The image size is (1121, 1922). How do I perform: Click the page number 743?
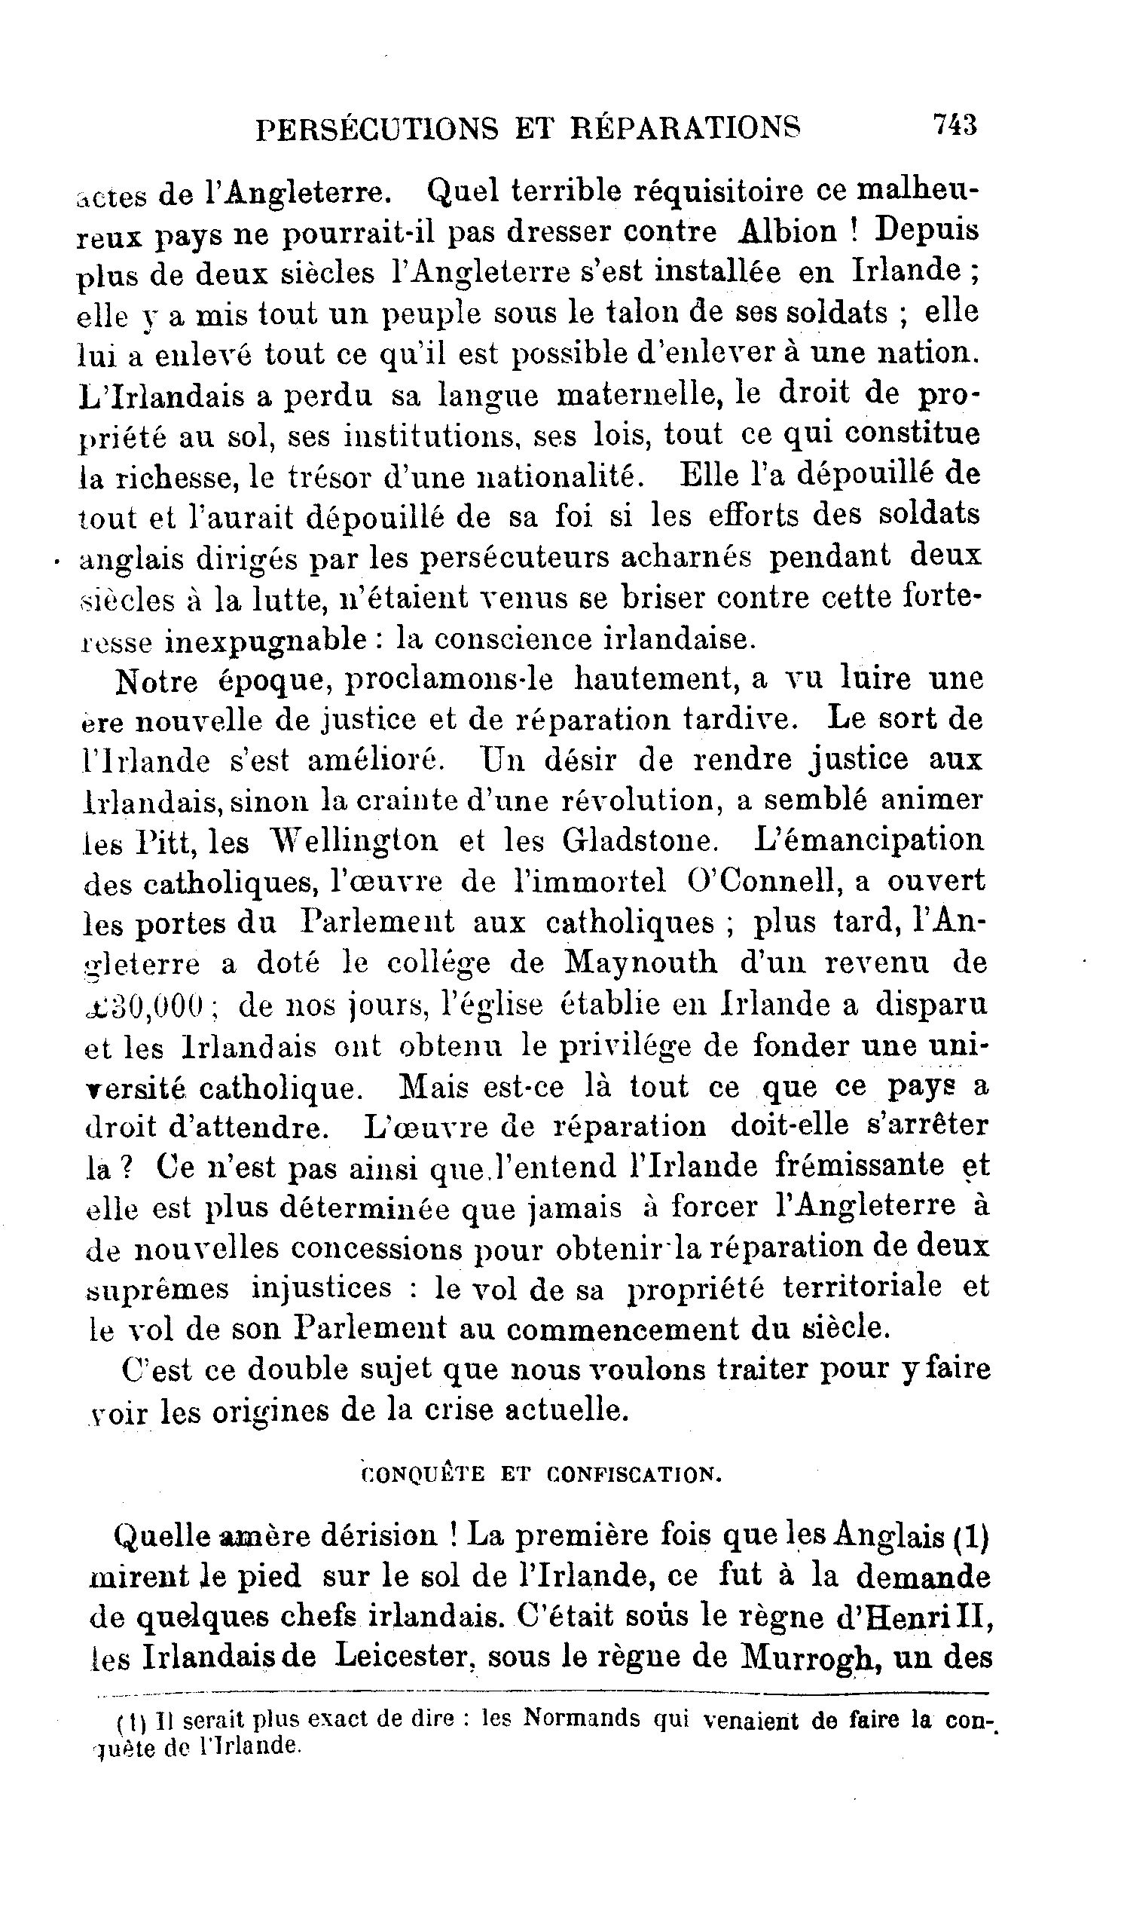coord(954,124)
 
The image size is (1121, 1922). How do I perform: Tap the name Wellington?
coord(356,841)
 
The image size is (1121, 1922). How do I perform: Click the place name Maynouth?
coord(640,963)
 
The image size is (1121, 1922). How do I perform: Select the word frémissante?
coord(858,1166)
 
